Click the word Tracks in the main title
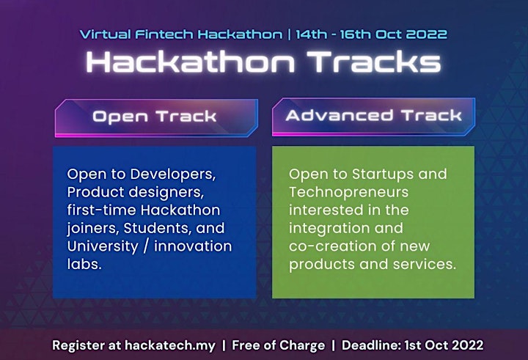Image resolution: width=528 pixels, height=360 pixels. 374,62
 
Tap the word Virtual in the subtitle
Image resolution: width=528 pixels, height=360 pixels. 106,34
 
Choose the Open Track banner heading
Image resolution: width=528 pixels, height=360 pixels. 155,117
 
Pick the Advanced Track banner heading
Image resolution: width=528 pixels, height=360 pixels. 373,116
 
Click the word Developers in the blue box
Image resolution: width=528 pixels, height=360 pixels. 173,175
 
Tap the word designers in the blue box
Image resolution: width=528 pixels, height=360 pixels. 166,192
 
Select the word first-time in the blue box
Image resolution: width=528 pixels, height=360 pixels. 102,210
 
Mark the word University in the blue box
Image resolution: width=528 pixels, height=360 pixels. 103,246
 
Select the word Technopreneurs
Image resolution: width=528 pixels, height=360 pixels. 348,192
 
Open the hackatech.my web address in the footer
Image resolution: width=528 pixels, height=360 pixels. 170,345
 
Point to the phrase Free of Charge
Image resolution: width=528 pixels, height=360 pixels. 279,345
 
